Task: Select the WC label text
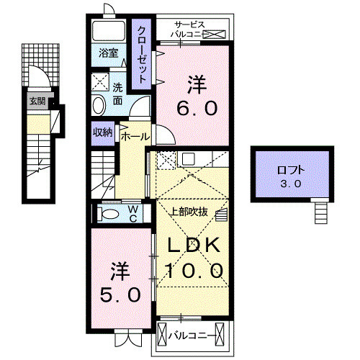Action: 134,213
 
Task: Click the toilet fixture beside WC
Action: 111,214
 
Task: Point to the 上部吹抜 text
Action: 190,212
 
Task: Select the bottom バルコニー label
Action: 192,335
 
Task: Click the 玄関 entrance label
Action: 37,102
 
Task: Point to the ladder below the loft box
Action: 321,212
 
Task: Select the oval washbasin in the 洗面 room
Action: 98,106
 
